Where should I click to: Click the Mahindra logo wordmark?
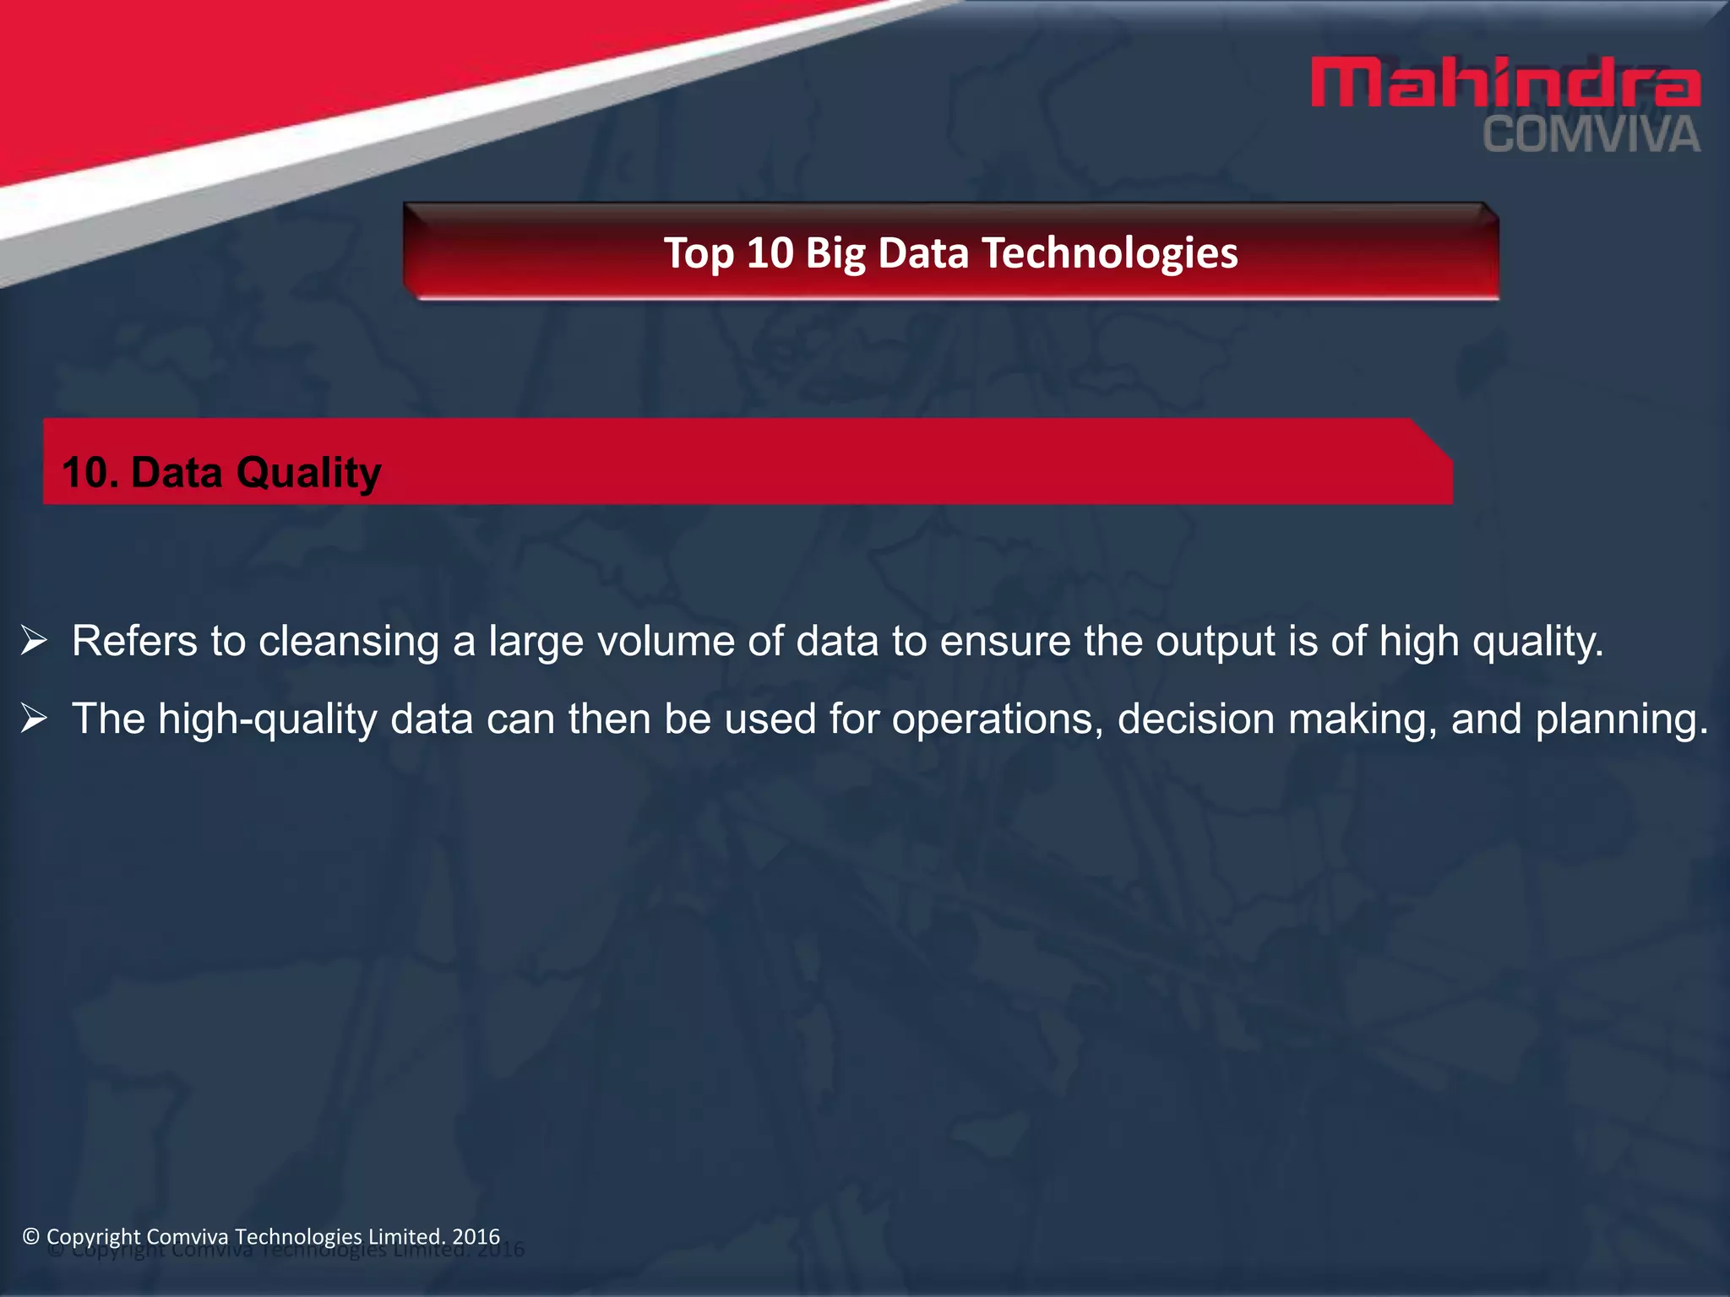pyautogui.click(x=1505, y=83)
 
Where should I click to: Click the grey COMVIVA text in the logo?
pyautogui.click(x=1591, y=136)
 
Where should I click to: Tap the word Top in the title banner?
pyautogui.click(x=698, y=253)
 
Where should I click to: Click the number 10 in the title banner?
pyautogui.click(x=770, y=253)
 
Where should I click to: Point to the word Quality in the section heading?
pyautogui.click(x=308, y=473)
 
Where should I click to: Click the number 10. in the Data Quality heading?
pyautogui.click(x=90, y=472)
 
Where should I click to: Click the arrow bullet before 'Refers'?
pyautogui.click(x=34, y=641)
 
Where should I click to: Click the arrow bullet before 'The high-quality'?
pyautogui.click(x=34, y=719)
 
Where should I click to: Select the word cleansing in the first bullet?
pyautogui.click(x=348, y=642)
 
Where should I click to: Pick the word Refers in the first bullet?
pyautogui.click(x=134, y=641)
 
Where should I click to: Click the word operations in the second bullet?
pyautogui.click(x=997, y=719)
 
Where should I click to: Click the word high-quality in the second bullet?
pyautogui.click(x=268, y=720)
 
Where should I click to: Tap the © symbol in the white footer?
pyautogui.click(x=31, y=1236)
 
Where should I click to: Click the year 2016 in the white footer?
pyautogui.click(x=476, y=1236)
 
